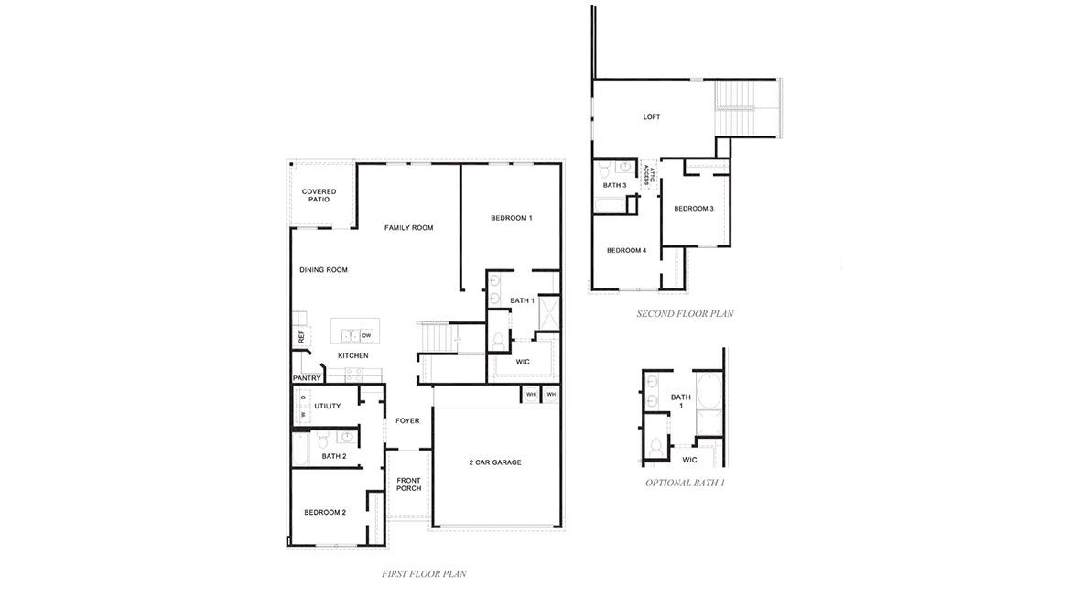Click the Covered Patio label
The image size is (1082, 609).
319,195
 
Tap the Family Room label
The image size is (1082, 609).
408,227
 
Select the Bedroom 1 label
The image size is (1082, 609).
511,218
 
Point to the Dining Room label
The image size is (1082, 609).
324,270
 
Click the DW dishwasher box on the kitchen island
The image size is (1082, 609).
365,335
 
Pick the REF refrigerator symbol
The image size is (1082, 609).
300,335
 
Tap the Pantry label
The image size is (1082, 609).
306,378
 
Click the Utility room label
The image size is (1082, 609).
327,406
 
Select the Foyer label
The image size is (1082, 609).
407,421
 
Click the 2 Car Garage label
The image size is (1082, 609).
495,462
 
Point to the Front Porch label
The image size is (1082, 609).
408,484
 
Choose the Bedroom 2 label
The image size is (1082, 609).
325,512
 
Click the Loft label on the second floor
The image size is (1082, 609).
652,117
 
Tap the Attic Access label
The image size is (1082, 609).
649,175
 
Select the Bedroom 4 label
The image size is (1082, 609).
626,250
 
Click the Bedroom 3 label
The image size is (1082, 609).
694,209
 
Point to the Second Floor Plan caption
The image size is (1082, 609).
685,313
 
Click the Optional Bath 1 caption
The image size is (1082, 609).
685,483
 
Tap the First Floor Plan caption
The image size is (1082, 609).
424,574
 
